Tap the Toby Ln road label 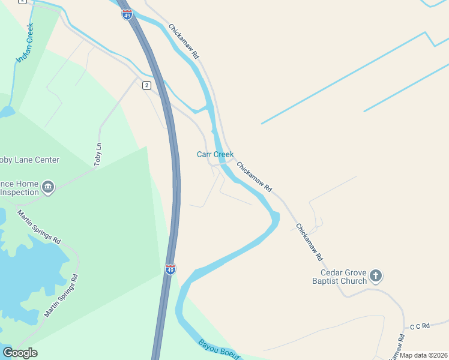coord(98,155)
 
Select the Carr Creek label coord(215,154)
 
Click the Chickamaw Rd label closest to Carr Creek coord(254,177)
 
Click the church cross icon coord(376,276)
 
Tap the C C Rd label coord(420,326)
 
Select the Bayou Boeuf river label coord(218,350)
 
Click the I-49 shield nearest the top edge coord(127,14)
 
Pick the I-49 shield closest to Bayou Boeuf coord(170,269)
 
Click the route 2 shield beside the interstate coord(146,86)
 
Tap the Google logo coord(20,353)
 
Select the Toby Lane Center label coord(29,160)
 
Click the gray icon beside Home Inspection coord(47,188)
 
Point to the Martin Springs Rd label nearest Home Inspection coord(38,227)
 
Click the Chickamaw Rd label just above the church coord(310,242)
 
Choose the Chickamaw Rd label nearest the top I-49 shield coord(184,41)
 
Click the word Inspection coord(19,192)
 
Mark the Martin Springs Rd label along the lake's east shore coord(62,296)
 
